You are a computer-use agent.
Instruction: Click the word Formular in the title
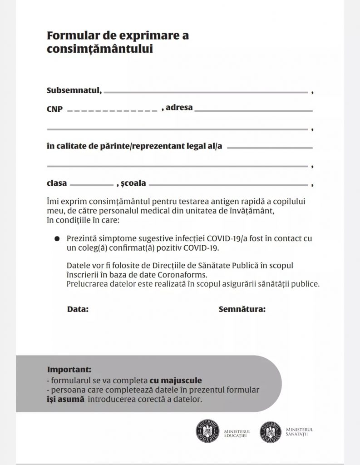pos(70,36)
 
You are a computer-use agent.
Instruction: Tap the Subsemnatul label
pos(74,90)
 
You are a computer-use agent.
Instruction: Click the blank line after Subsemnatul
pos(206,92)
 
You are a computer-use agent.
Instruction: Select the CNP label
pos(54,109)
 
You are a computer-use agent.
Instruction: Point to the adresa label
pos(179,108)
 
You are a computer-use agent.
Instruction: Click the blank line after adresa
pos(254,110)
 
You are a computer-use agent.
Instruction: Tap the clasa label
pos(57,183)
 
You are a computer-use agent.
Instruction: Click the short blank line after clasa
pos(92,185)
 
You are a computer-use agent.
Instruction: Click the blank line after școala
pos(228,185)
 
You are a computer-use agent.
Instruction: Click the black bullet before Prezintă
pos(57,238)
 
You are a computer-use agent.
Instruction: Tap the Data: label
pos(78,310)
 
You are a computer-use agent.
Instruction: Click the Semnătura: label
pos(242,310)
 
